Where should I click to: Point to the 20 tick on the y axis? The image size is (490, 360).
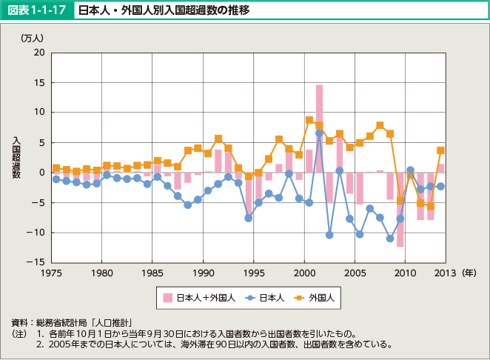pos(39,53)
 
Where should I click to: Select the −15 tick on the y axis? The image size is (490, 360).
pos(36,263)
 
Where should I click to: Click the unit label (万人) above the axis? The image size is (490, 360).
pos(33,38)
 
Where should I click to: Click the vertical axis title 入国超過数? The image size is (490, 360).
pos(16,157)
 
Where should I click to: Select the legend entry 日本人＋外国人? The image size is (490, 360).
pos(199,299)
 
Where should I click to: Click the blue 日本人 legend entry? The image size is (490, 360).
pos(264,299)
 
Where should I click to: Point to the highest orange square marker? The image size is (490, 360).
pos(309,120)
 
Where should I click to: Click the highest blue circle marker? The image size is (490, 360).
pos(319,133)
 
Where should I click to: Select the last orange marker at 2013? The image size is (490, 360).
pos(440,150)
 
